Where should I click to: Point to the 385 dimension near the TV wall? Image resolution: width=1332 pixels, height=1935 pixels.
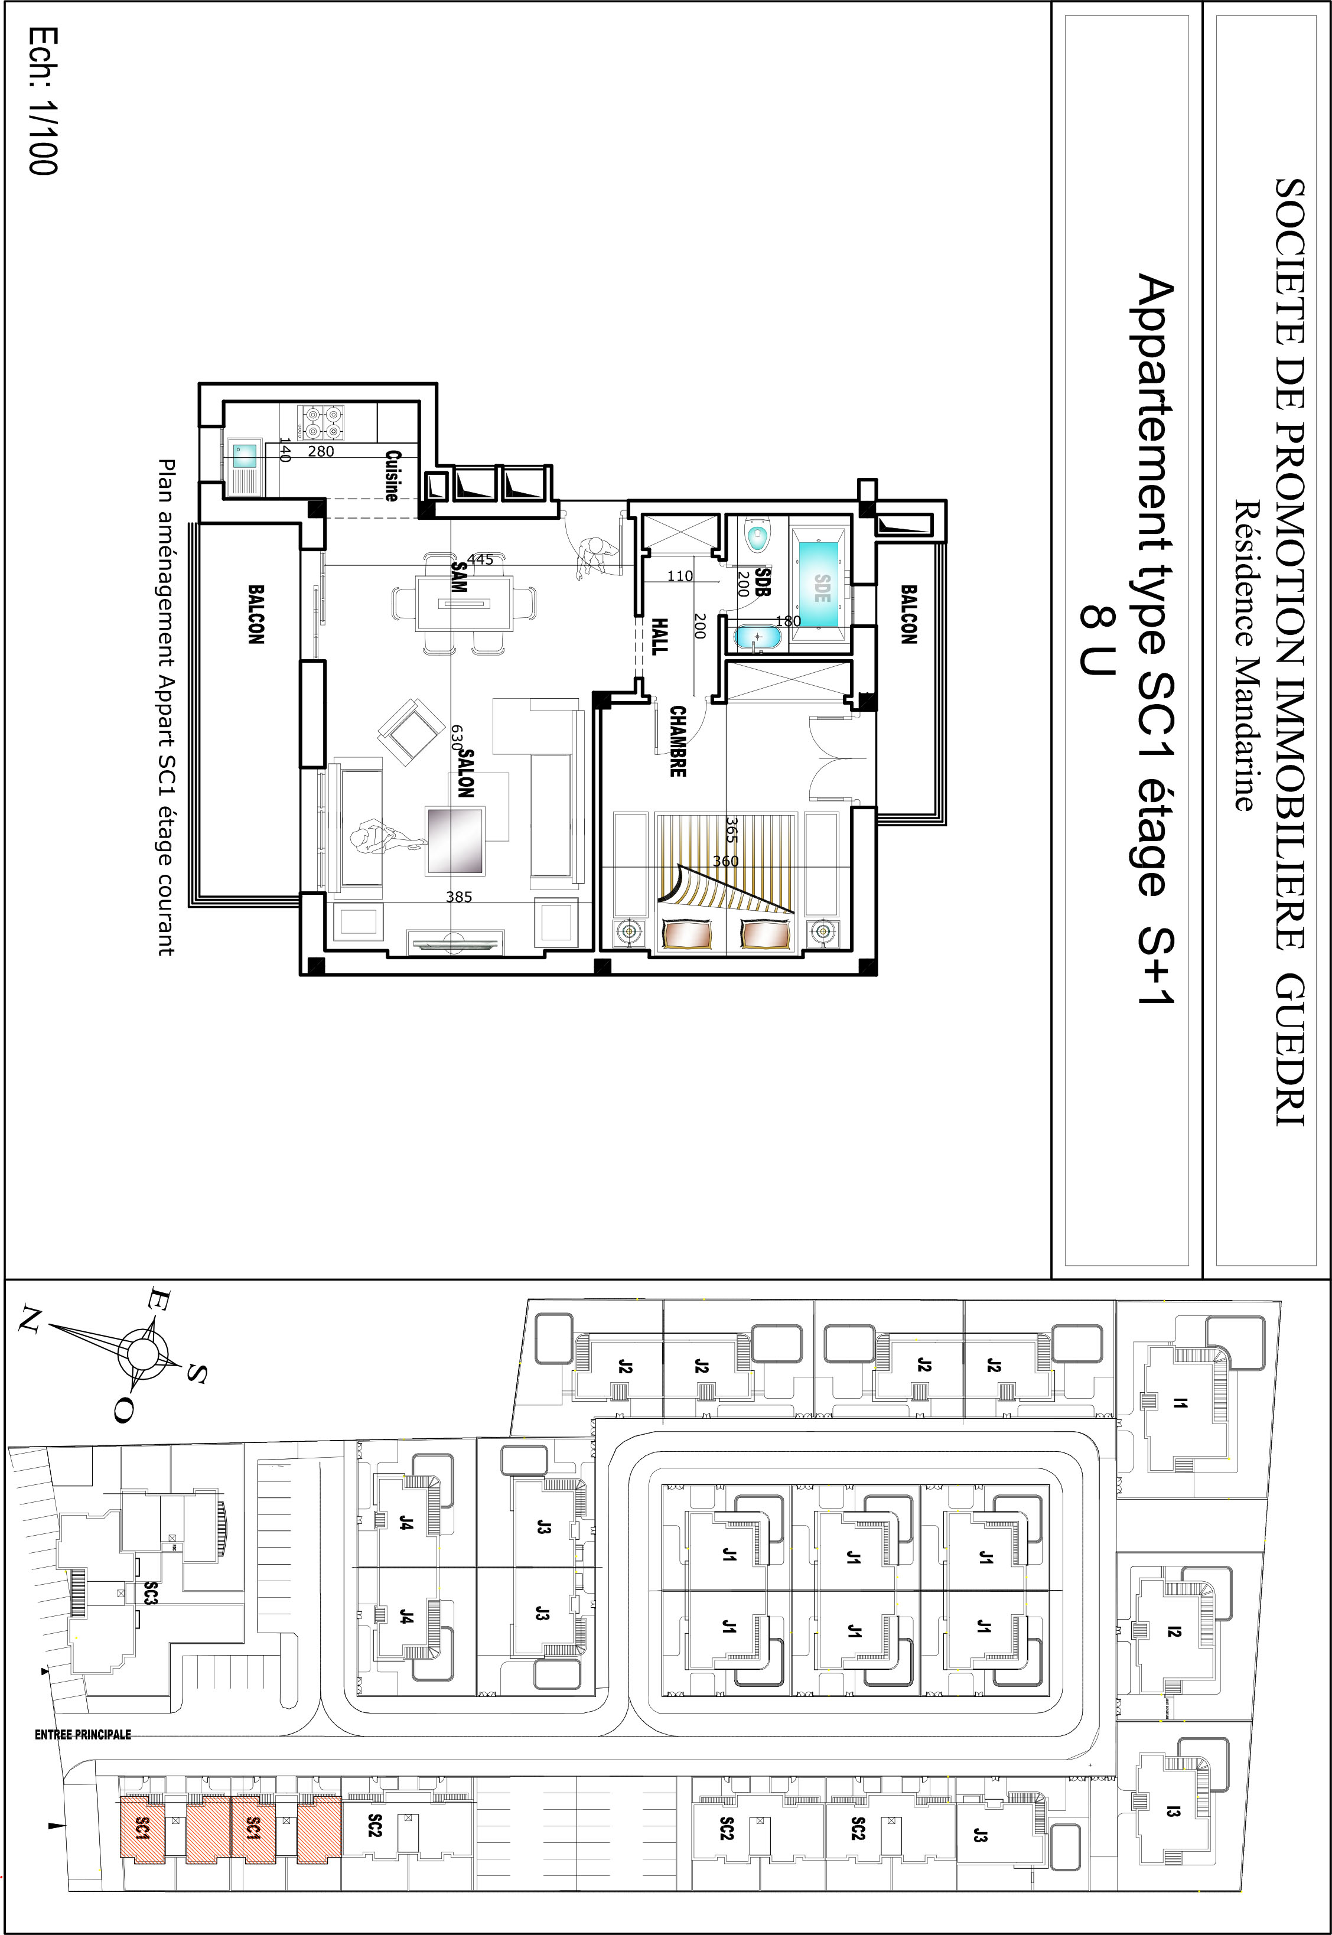click(x=459, y=897)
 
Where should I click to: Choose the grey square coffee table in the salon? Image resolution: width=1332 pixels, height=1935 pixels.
click(x=455, y=841)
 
